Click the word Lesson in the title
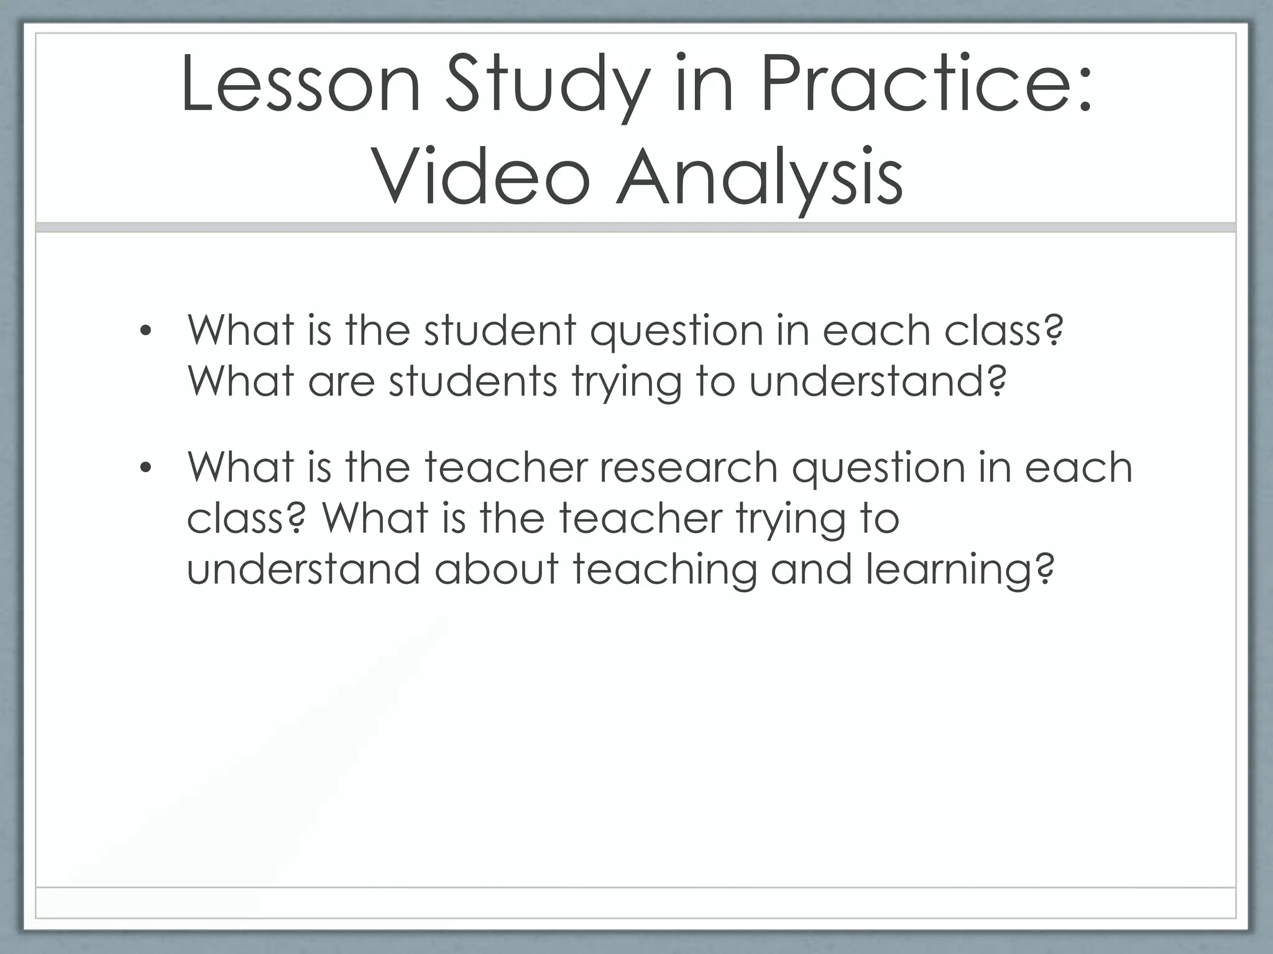301,85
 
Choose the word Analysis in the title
759,178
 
